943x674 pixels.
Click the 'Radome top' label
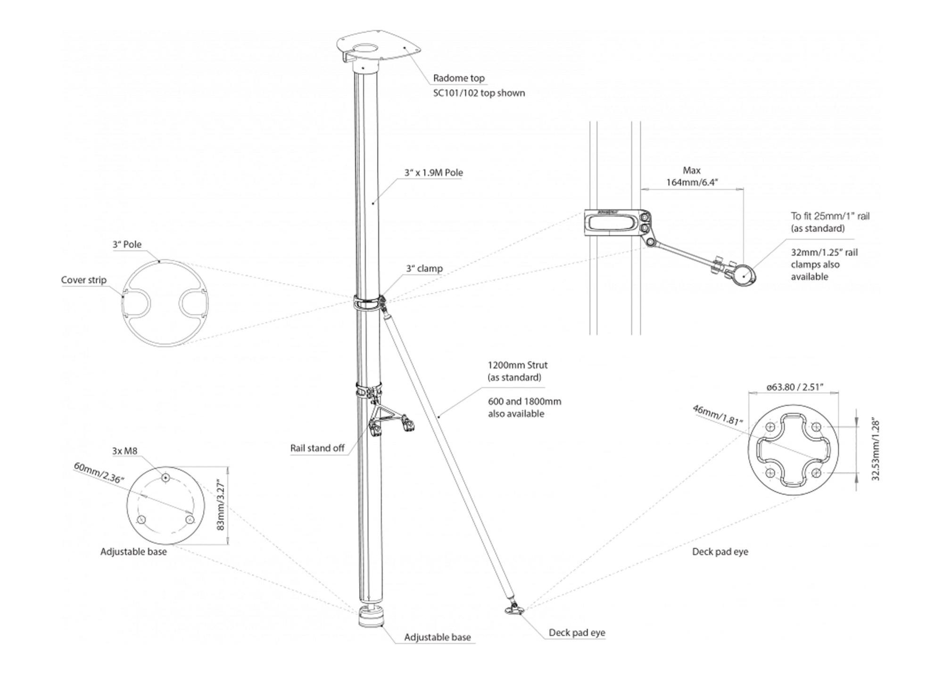click(458, 78)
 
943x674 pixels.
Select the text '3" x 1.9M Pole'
click(433, 173)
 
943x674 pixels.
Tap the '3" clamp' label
click(424, 268)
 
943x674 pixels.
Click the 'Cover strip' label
click(83, 280)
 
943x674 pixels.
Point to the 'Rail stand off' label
click(317, 448)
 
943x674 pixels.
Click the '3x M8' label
click(124, 451)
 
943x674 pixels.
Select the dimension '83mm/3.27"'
click(220, 506)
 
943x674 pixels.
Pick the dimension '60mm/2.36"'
click(99, 473)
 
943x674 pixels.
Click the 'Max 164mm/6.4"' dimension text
click(691, 176)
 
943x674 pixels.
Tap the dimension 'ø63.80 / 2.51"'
click(794, 387)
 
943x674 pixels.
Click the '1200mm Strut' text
click(517, 365)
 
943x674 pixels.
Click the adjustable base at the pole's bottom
click(372, 617)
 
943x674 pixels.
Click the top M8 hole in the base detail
click(165, 478)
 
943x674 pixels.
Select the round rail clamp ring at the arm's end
click(744, 275)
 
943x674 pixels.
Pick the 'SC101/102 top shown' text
click(479, 93)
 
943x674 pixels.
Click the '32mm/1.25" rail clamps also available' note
click(824, 265)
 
